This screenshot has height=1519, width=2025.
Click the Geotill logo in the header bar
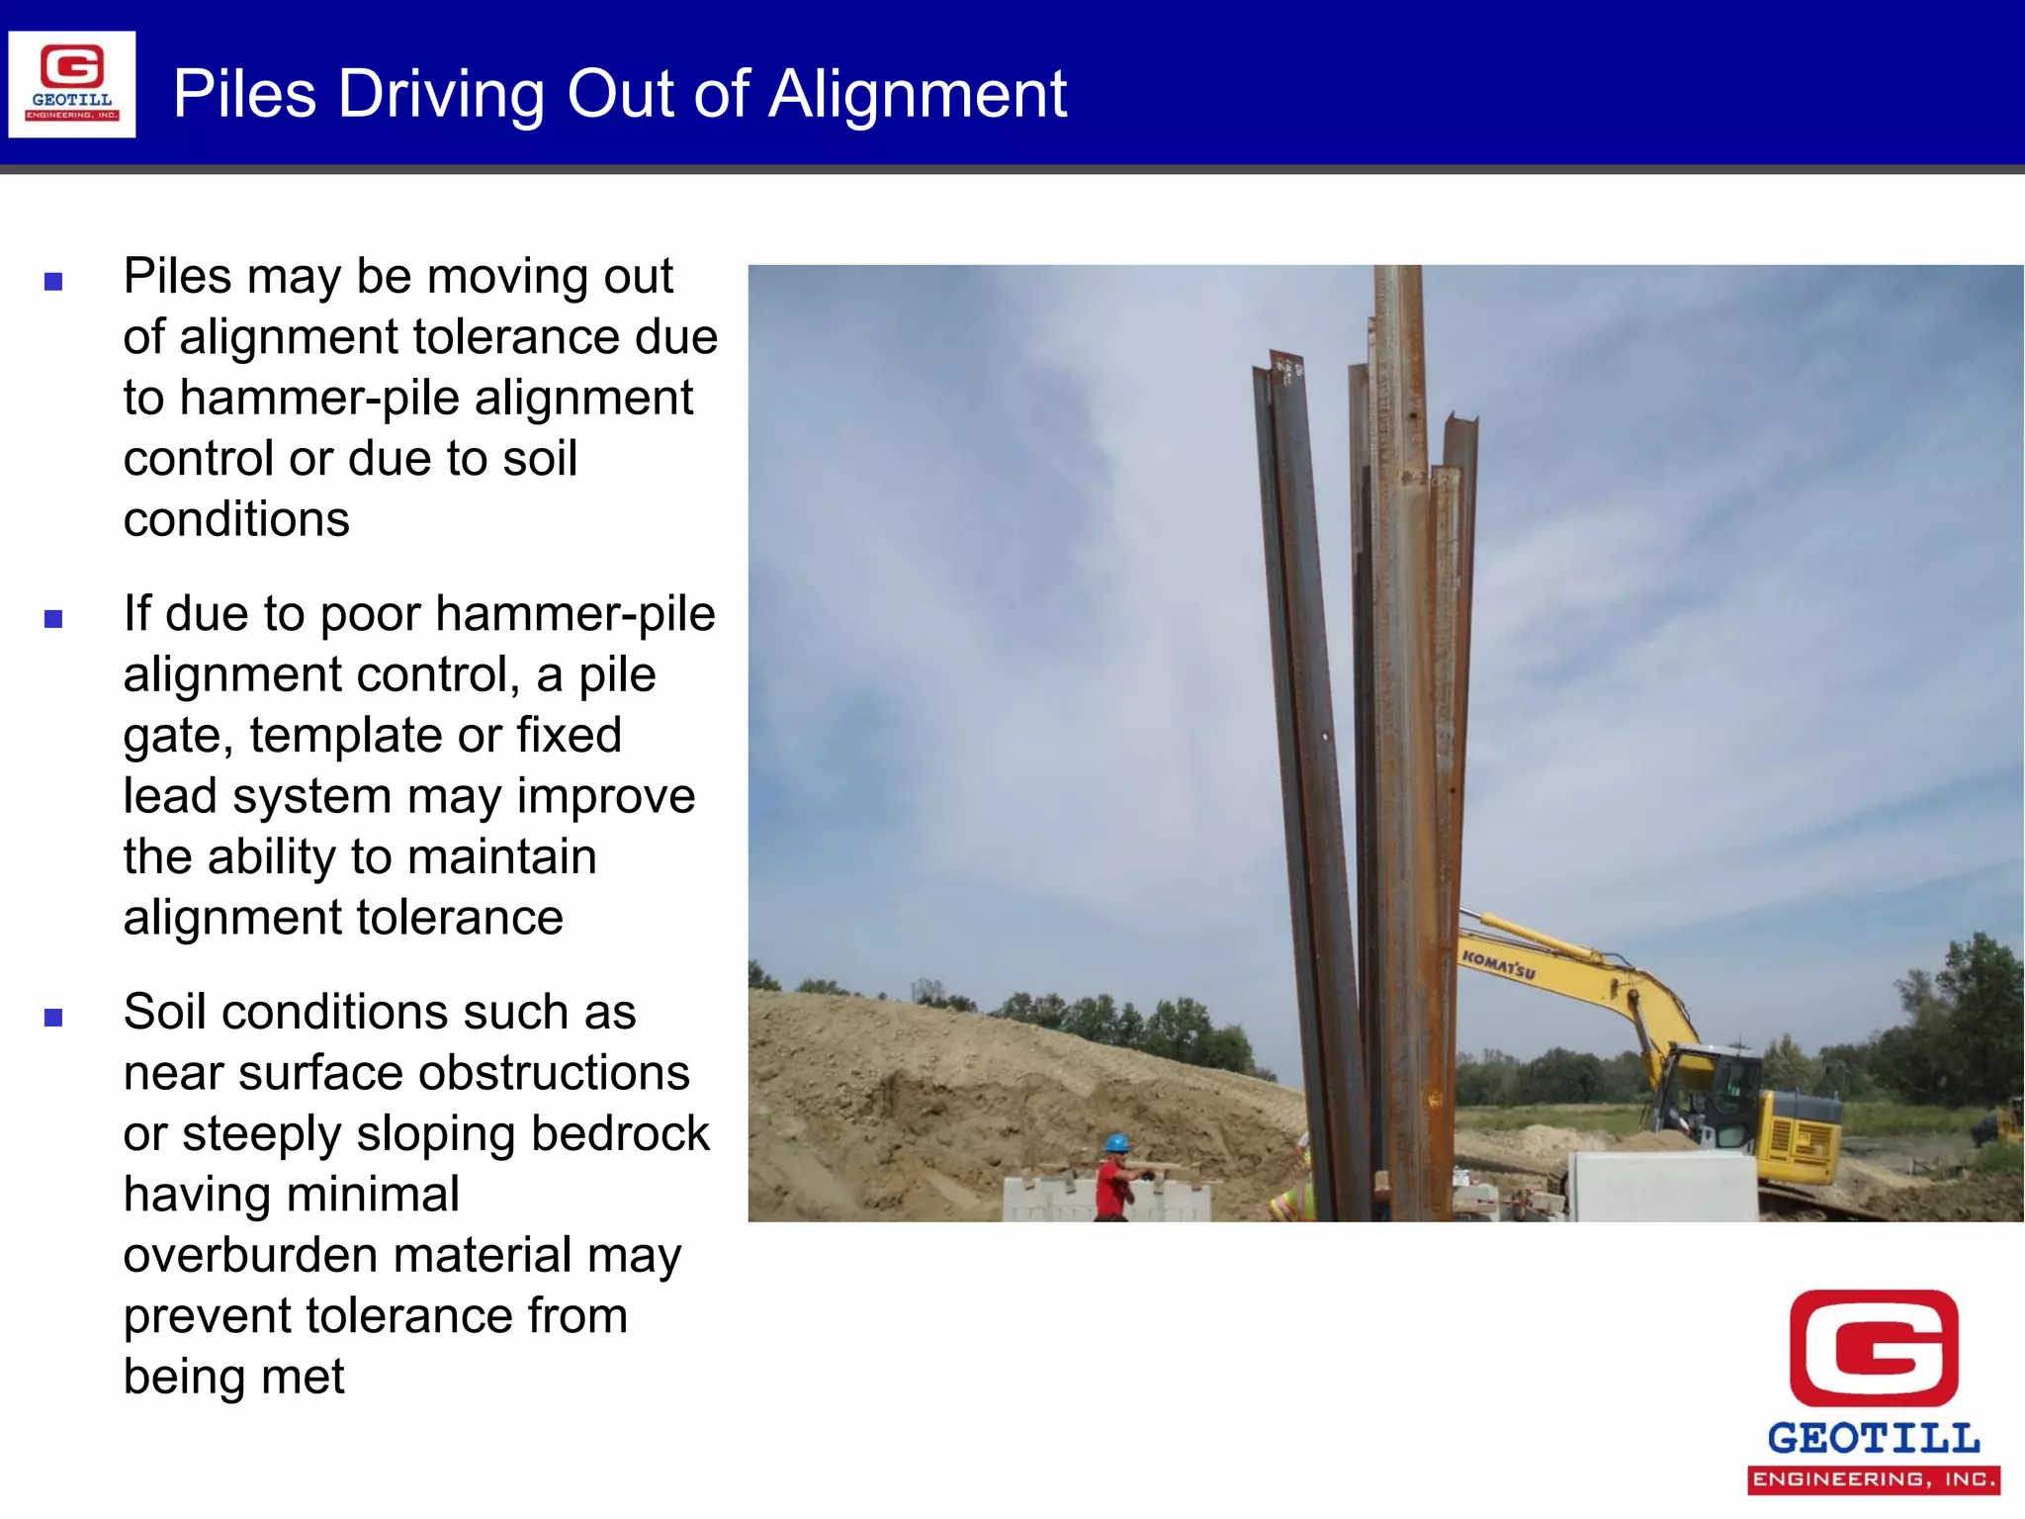(72, 84)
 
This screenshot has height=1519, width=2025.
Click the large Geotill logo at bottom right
(1874, 1389)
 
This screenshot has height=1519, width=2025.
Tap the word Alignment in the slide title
(918, 95)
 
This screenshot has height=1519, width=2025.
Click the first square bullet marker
(53, 282)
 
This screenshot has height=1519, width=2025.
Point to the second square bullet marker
(53, 620)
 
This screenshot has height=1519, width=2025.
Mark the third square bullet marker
(53, 1018)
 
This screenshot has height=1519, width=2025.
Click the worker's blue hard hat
(1116, 1143)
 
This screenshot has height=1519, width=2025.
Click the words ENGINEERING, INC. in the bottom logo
(1874, 1479)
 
